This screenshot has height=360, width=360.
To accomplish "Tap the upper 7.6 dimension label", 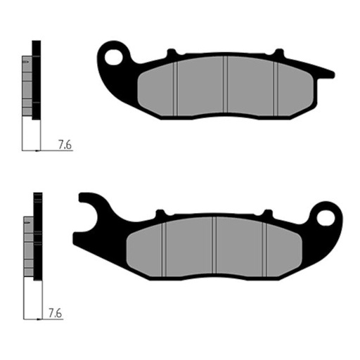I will [x=65, y=146].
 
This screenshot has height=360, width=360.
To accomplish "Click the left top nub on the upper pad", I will [x=169, y=53].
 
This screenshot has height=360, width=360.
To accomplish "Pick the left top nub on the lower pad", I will [x=159, y=212].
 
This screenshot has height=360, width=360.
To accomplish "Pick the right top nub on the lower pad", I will [x=267, y=212].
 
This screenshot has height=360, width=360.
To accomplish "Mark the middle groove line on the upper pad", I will [x=224, y=88].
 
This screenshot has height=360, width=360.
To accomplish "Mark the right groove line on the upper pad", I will [x=275, y=88].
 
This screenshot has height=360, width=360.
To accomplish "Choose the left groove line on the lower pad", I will [x=164, y=250].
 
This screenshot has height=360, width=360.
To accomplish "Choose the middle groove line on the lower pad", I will [x=214, y=250].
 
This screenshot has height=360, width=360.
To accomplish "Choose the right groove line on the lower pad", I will [x=264, y=250].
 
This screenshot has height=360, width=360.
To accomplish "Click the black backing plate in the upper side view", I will [x=37, y=77].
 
